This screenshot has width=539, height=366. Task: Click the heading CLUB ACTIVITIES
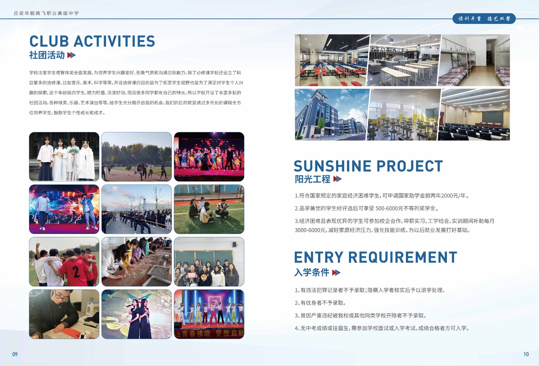[92, 41]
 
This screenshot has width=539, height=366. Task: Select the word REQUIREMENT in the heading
[403, 257]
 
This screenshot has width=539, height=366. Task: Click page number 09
[15, 354]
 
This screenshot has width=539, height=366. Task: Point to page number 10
[526, 354]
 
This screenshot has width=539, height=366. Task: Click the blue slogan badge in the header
[484, 19]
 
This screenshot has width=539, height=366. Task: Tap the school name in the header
[46, 13]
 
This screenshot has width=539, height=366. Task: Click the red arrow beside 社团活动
[71, 55]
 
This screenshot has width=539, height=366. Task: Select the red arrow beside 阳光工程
[337, 179]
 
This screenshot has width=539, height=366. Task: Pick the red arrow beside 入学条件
[336, 273]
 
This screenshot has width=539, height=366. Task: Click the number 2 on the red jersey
[76, 272]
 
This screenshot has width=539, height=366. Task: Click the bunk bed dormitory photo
[474, 60]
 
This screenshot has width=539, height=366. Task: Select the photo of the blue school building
[332, 115]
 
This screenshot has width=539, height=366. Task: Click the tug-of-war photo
[136, 209]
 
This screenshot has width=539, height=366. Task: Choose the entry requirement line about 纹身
[320, 303]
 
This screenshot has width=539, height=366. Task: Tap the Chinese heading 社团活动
[47, 55]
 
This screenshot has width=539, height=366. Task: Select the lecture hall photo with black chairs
[474, 115]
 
